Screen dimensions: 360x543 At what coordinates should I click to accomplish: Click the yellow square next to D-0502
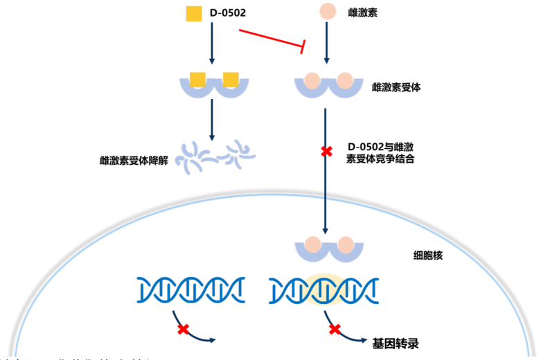[195, 13]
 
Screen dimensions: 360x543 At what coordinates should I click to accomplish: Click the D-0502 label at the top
[228, 13]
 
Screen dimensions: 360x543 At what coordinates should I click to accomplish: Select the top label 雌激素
[363, 13]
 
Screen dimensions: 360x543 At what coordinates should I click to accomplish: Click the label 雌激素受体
[396, 88]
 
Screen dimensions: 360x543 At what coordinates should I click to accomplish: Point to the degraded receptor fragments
[214, 156]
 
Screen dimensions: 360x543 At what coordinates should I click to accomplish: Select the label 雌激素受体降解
[134, 161]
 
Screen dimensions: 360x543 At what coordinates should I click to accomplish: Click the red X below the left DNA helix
[183, 330]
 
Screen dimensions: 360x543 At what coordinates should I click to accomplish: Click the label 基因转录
[396, 343]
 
